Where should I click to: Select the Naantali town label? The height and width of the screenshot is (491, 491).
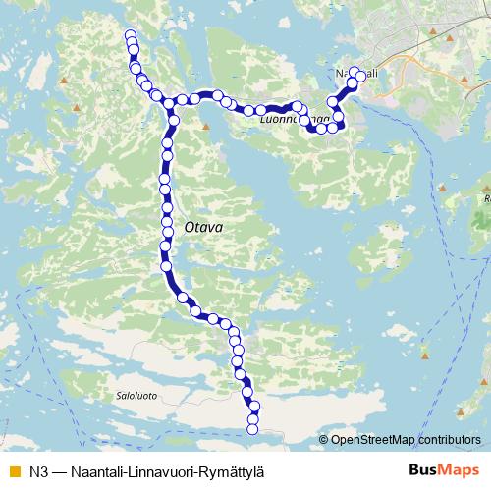tap(356, 74)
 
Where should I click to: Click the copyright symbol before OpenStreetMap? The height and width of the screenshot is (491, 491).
tap(323, 440)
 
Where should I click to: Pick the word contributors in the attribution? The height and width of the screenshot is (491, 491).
tap(448, 440)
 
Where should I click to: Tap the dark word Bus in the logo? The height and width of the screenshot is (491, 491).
tap(424, 469)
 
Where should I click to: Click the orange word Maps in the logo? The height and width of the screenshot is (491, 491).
tap(459, 469)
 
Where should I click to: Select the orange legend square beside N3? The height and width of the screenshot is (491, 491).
tap(14, 470)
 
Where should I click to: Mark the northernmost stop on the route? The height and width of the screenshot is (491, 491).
tap(131, 36)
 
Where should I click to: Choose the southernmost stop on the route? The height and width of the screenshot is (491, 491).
tap(253, 428)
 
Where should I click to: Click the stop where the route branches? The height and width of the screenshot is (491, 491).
tap(169, 103)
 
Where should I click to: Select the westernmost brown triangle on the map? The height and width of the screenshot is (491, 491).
tap(64, 82)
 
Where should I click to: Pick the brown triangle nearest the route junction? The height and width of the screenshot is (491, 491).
tap(206, 126)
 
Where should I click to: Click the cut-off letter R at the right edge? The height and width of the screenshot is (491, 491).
tap(487, 197)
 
